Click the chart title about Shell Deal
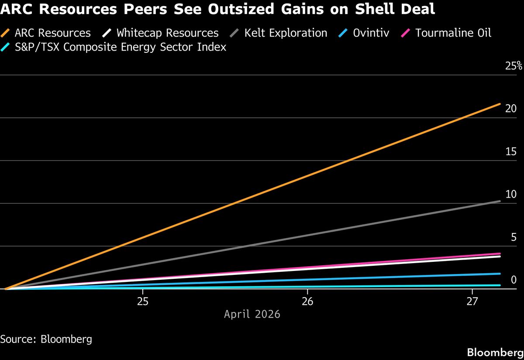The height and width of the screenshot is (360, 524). pos(218,9)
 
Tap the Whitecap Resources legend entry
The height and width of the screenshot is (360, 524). pos(162,33)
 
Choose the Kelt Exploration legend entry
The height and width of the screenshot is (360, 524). pos(280,33)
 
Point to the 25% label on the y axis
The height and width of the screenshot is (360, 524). pos(514,67)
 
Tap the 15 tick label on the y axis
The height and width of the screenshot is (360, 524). pos(511,152)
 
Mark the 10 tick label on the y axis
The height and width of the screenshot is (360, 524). pos(511,195)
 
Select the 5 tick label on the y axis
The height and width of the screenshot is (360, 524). pos(514,237)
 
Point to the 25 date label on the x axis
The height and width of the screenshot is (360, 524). pos(143,302)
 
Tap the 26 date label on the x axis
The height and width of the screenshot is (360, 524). pos(307,302)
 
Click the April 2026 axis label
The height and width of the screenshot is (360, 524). pos(252,314)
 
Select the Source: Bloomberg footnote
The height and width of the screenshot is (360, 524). pos(46,339)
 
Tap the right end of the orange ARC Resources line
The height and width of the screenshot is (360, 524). pos(500,104)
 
